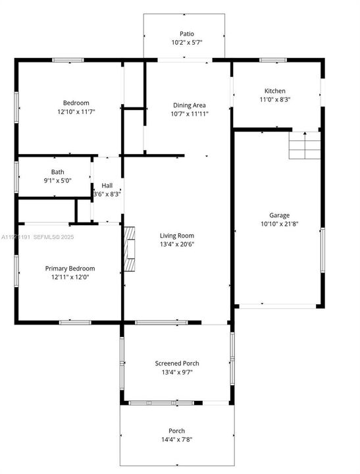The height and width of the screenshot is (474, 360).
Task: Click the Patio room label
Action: point(187,34)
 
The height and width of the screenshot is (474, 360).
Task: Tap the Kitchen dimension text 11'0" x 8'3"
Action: point(275,99)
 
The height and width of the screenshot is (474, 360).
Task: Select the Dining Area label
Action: point(190,105)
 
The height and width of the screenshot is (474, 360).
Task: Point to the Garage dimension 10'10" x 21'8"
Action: point(280,224)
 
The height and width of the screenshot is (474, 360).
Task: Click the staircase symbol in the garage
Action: point(305,145)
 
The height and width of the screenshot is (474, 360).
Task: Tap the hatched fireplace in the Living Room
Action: point(130,250)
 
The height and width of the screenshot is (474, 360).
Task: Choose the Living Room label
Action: point(177,236)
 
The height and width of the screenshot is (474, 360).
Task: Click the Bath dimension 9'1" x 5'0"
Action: point(57,181)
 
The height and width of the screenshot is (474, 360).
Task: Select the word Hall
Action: point(107,186)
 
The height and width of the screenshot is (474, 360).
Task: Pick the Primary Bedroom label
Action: point(70,269)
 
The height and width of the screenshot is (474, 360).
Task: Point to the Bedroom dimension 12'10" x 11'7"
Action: point(76,112)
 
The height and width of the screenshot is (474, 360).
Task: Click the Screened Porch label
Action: point(177,363)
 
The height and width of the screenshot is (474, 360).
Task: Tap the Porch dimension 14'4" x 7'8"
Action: point(177,440)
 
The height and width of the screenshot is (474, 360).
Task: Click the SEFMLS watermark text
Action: point(53,237)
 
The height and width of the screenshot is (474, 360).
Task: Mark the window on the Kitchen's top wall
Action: point(273,60)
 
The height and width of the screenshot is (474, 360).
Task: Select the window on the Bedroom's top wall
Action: point(68,60)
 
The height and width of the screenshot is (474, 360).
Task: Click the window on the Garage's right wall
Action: point(323,250)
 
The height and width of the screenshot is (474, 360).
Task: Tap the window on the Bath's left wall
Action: point(16,177)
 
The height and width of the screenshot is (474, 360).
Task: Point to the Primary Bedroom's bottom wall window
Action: point(75,323)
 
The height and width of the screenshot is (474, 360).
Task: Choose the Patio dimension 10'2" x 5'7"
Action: point(187,43)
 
